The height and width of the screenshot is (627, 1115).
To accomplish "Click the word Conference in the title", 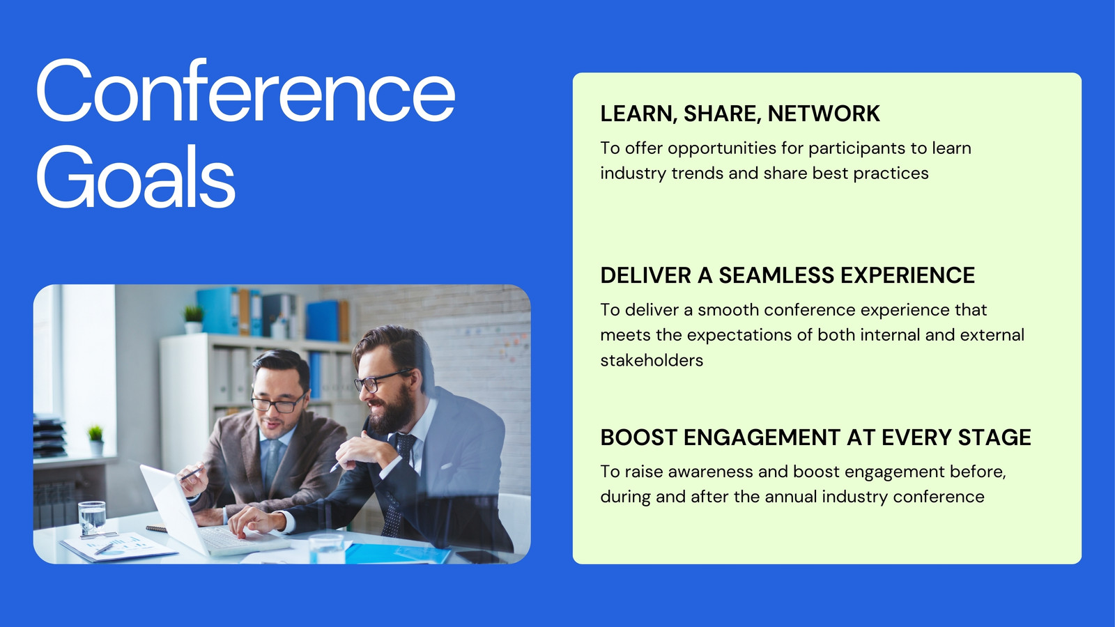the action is point(245,90).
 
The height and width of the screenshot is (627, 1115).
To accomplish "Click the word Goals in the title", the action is point(135,177).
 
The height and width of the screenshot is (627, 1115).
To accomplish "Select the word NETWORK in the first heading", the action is point(824,114).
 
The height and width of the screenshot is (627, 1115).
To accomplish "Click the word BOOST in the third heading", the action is point(638,438).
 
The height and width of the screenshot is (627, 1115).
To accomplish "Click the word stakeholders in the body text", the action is point(652,360).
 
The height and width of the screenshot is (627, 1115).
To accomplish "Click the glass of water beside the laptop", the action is point(92,518).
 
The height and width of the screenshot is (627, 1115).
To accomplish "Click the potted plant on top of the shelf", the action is point(194,319).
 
